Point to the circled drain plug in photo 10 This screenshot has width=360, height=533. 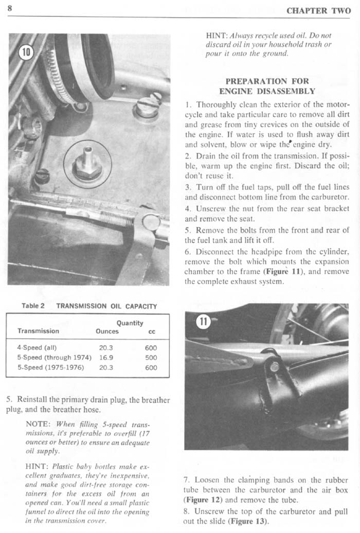coord(87,163)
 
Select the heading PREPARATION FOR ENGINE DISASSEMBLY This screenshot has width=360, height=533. coord(267,86)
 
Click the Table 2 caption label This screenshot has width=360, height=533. coord(33,306)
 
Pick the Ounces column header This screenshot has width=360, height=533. coord(107,331)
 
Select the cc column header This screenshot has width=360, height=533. coord(152,331)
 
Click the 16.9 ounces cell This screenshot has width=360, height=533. coord(106,358)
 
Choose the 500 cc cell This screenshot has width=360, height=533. coord(151,358)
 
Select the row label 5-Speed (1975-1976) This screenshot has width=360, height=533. coord(50,368)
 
